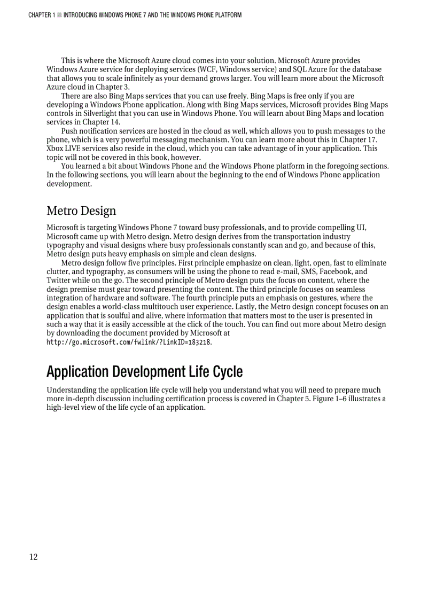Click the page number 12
pos(33,557)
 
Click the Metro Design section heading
pos(81,211)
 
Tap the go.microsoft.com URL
pos(129,342)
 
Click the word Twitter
pos(59,280)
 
